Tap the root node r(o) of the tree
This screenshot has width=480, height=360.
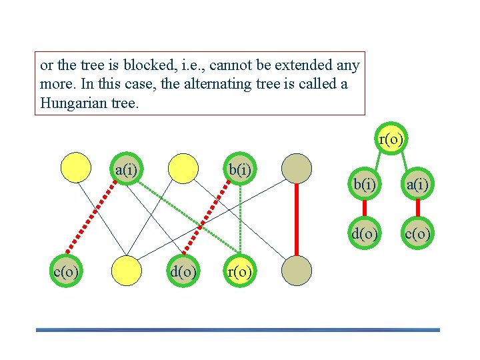391,139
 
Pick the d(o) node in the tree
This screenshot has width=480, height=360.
364,233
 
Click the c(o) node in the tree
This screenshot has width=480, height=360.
417,233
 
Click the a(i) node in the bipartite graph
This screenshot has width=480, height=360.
127,169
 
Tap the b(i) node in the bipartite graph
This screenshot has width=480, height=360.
239,169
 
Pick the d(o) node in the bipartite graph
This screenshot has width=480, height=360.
183,271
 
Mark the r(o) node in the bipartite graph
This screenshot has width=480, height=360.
239,271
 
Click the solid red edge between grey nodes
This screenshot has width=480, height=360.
296,220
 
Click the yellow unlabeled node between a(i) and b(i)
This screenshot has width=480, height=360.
183,168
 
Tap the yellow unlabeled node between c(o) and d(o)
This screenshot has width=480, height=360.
127,271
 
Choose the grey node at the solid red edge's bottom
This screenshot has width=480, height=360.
296,271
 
